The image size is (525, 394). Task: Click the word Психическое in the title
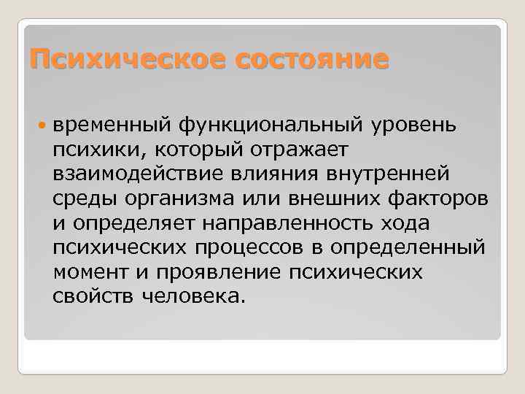tap(120, 60)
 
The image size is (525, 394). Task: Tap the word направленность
tap(292, 223)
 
